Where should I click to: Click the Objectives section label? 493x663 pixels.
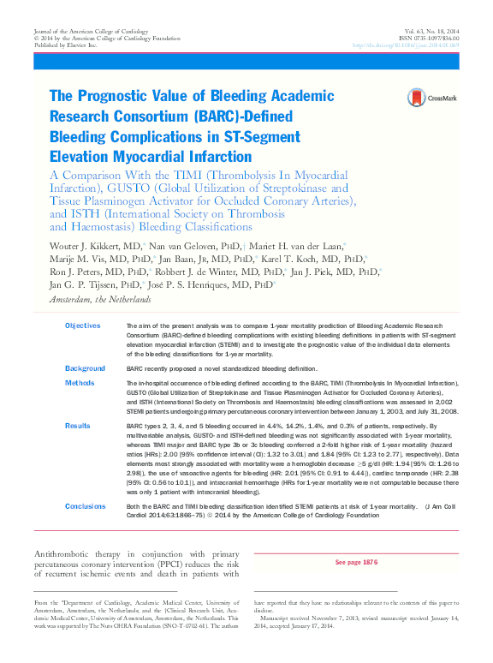82,326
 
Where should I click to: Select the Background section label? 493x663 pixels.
85,368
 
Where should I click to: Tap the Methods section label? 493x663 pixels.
80,383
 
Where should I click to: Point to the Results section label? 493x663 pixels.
78,425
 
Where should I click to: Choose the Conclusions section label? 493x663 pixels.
86,507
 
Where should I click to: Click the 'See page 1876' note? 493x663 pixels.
356,562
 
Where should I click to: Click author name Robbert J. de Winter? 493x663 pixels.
217,271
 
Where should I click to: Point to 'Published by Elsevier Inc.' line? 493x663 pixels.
65,45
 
